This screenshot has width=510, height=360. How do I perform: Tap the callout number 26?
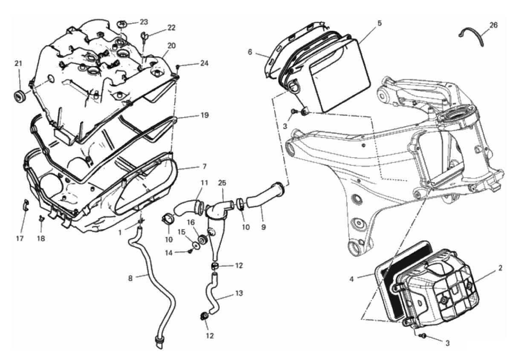click(x=493, y=26)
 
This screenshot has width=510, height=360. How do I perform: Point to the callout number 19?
click(x=205, y=115)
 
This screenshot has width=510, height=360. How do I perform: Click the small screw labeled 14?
click(x=191, y=251)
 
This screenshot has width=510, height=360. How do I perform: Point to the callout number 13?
click(x=239, y=294)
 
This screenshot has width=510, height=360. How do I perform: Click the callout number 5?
click(x=380, y=23)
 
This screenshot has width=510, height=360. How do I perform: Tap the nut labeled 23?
click(x=122, y=22)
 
